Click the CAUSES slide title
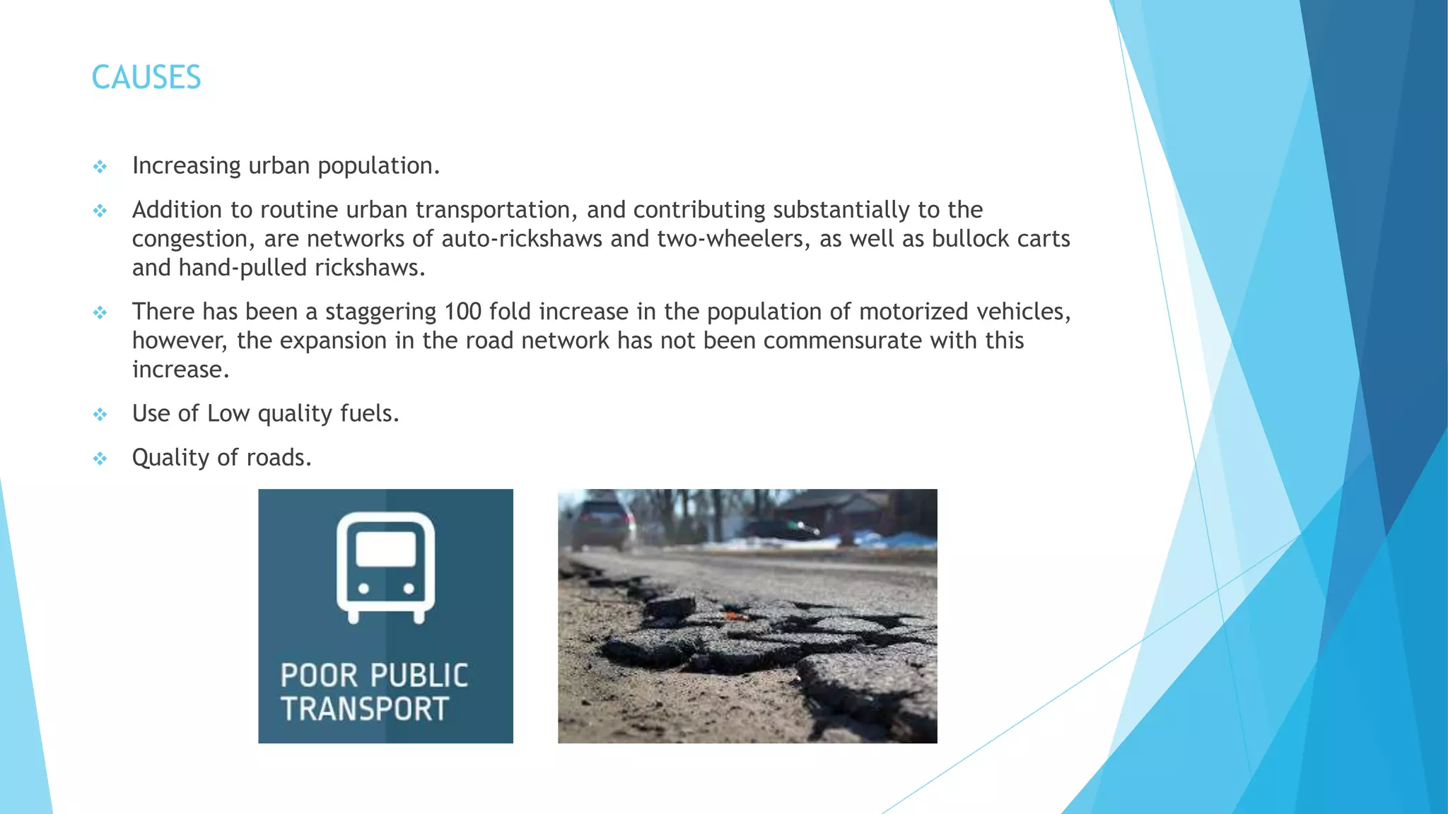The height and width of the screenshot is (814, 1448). pyautogui.click(x=146, y=78)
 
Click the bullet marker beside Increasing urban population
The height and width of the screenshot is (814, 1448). pyautogui.click(x=100, y=167)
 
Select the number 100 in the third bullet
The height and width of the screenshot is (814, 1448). pyautogui.click(x=462, y=312)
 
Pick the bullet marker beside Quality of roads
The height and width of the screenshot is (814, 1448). pyautogui.click(x=100, y=459)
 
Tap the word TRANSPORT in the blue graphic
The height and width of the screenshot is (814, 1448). pyautogui.click(x=365, y=709)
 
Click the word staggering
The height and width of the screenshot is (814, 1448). pyautogui.click(x=380, y=312)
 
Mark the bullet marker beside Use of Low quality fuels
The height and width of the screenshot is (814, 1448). pyautogui.click(x=100, y=415)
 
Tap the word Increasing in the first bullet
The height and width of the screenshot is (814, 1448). pyautogui.click(x=187, y=166)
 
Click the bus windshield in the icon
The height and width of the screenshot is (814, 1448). pyautogui.click(x=385, y=548)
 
